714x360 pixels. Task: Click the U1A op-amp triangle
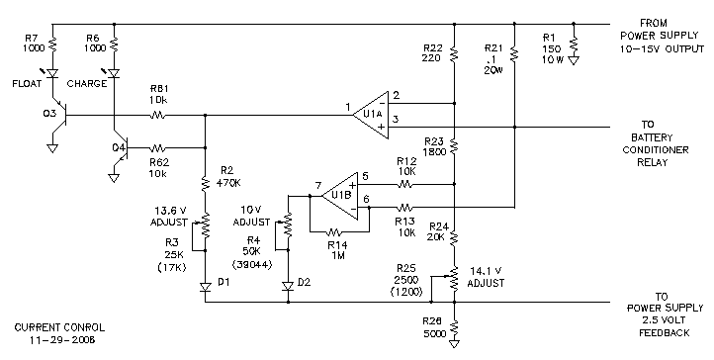371,115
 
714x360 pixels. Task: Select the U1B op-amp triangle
340,196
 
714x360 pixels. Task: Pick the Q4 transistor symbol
121,148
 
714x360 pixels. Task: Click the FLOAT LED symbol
52,73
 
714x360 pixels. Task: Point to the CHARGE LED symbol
114,73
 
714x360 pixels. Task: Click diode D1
205,287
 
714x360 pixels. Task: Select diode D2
288,286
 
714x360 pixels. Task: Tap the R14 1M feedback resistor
339,232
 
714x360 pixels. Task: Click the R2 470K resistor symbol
205,183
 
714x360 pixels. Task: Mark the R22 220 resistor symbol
454,54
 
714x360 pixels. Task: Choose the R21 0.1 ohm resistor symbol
514,54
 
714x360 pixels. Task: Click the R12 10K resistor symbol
405,184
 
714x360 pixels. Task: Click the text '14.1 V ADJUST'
486,277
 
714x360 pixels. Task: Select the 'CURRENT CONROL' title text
59,327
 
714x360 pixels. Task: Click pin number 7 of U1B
318,185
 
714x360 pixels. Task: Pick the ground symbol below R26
454,343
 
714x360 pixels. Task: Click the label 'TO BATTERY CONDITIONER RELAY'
656,143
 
